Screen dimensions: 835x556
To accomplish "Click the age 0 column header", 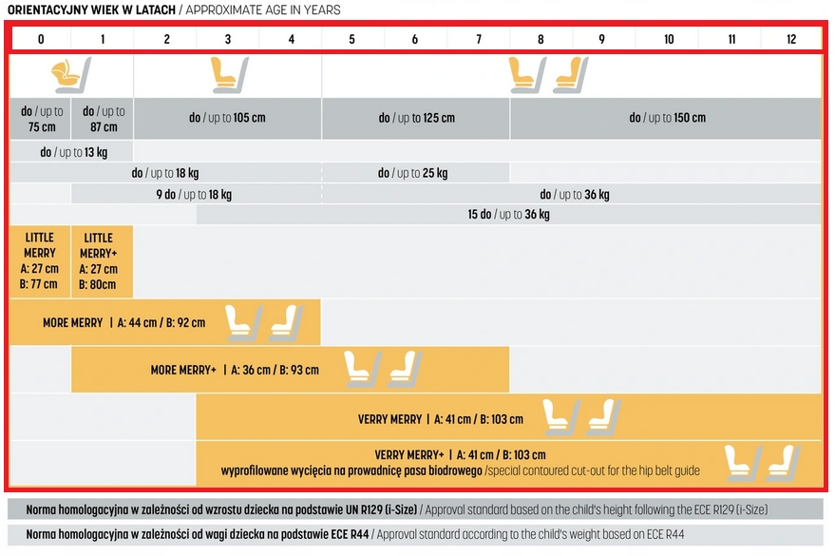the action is coord(41,39).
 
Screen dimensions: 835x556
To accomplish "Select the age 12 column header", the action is coord(791,39).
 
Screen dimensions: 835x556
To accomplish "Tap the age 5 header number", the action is coord(351,39).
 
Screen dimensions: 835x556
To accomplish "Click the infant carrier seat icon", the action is coord(71,74).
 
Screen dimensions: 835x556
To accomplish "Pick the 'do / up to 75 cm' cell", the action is coord(41,119).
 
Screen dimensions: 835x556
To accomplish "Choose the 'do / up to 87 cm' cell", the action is coord(103,119).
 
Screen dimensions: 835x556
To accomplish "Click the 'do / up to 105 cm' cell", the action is coord(226,119).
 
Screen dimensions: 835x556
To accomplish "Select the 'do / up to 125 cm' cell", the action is coord(416,119).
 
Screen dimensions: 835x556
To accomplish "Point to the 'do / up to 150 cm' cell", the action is coord(667,119).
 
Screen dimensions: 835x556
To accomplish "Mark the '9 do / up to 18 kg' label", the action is coord(194,195).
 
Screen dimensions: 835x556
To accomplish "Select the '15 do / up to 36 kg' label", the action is coord(508,215).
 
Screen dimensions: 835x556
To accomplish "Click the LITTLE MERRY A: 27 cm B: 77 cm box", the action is coord(40,261).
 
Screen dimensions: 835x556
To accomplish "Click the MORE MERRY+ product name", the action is coord(183,370).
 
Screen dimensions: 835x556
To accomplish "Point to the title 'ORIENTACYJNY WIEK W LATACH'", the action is coord(92,10).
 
